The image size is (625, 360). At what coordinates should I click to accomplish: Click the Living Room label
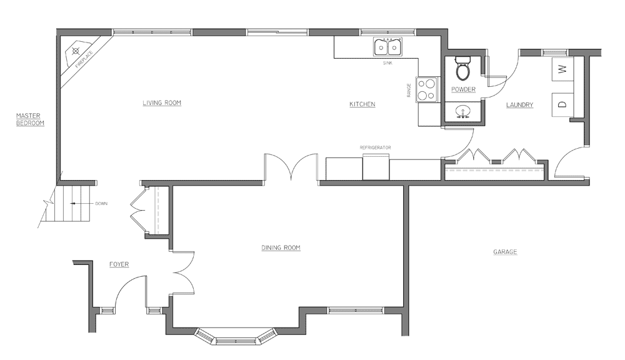[x=162, y=103]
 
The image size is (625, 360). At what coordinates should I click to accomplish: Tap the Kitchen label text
[x=362, y=104]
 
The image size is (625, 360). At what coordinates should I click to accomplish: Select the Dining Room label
[x=281, y=248]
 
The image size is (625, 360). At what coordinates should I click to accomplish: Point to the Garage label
[x=505, y=252]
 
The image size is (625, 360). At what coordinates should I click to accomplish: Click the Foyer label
[x=119, y=264]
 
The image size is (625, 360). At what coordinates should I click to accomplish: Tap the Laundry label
[x=520, y=105]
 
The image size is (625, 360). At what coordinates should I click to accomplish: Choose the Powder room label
[x=463, y=89]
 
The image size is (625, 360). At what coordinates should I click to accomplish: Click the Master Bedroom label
[x=30, y=119]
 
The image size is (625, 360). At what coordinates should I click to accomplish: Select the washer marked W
[x=562, y=69]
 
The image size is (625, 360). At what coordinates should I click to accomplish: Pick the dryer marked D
[x=562, y=104]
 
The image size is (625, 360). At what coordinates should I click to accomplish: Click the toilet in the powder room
[x=462, y=69]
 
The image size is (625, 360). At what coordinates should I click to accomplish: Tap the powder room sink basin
[x=462, y=111]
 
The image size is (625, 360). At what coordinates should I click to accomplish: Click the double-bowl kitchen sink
[x=387, y=47]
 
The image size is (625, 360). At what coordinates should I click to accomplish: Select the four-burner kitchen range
[x=427, y=90]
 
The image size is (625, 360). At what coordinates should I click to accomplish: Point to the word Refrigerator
[x=375, y=147]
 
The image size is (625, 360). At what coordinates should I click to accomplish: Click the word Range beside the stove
[x=409, y=90]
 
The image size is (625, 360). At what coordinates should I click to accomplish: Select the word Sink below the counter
[x=387, y=63]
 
